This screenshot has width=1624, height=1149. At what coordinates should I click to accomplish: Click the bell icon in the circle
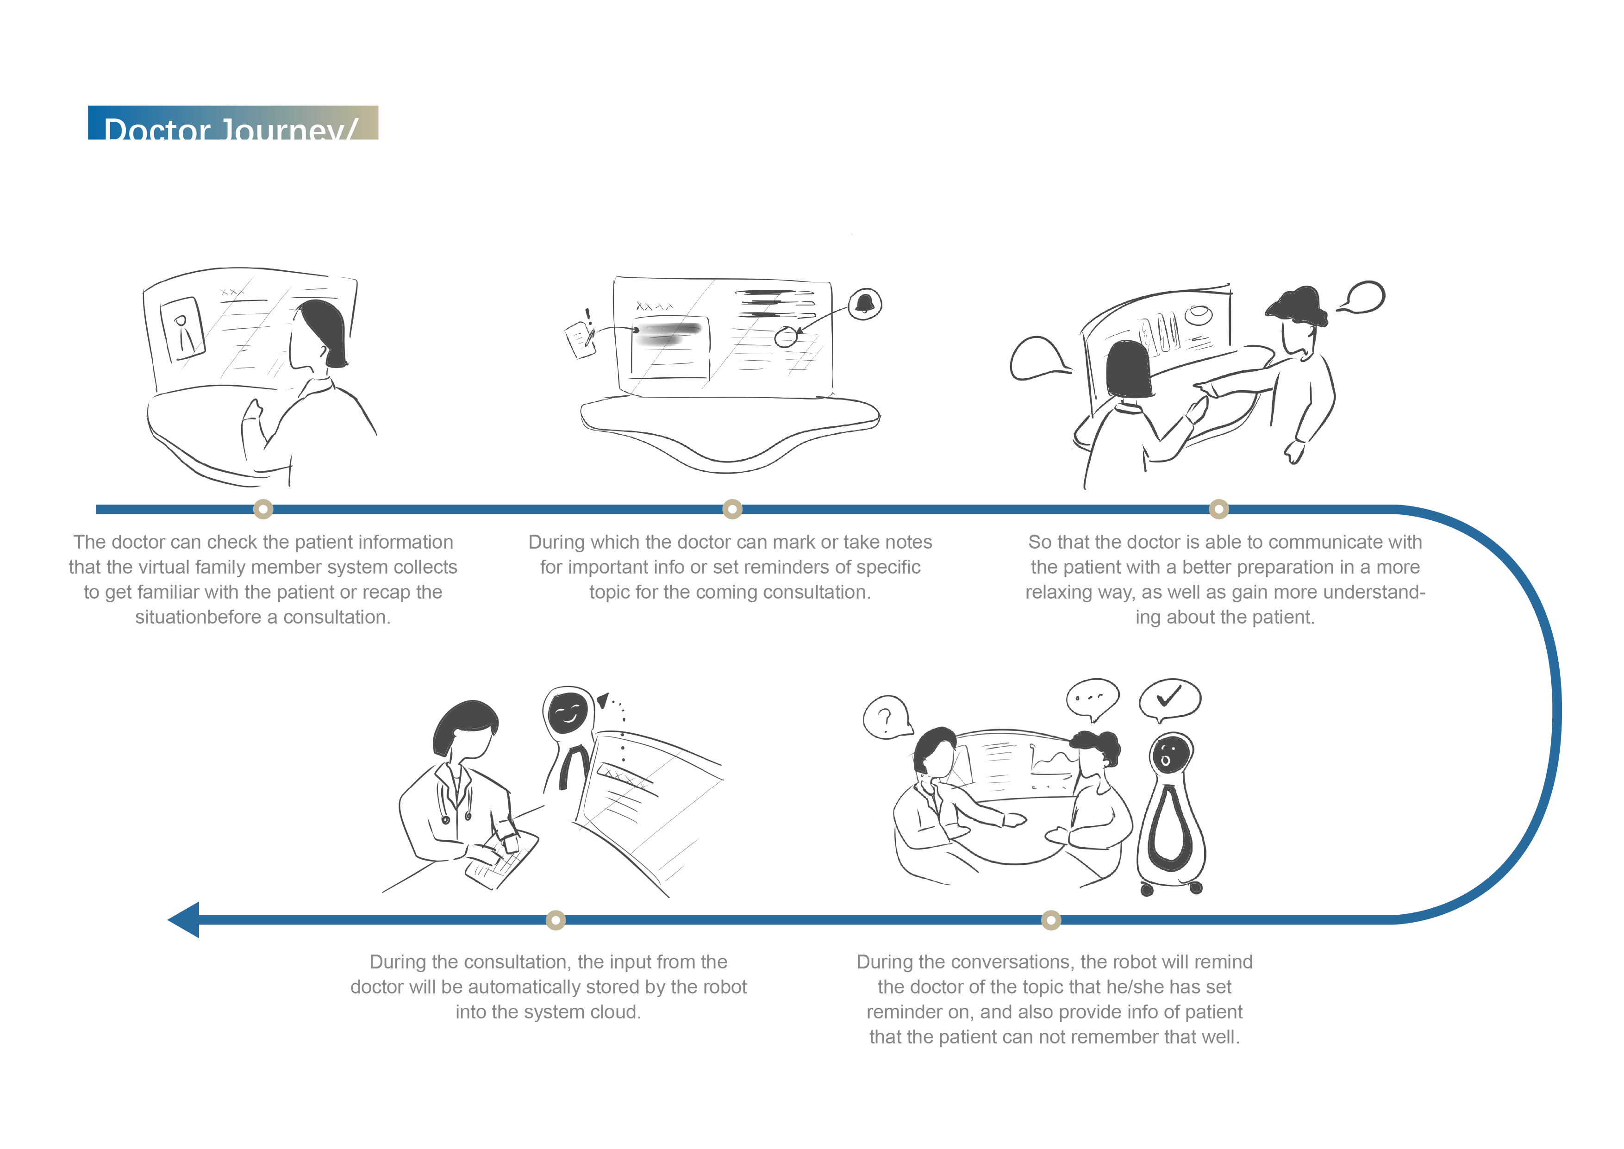point(864,304)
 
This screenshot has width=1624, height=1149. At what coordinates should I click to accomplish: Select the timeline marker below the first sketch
point(263,509)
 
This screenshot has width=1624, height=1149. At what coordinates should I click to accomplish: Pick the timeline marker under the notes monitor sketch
point(732,509)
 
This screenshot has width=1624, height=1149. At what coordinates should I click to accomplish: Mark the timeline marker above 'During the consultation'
point(556,920)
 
